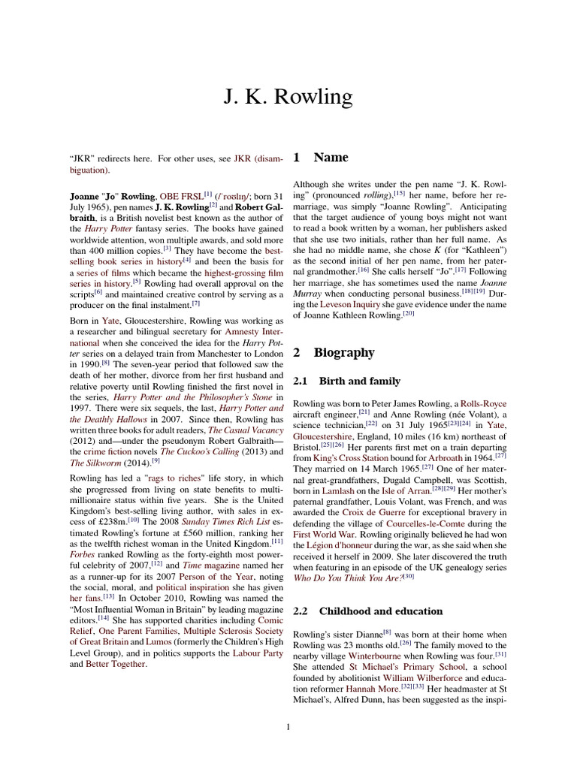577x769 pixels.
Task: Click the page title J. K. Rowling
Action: [288, 97]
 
